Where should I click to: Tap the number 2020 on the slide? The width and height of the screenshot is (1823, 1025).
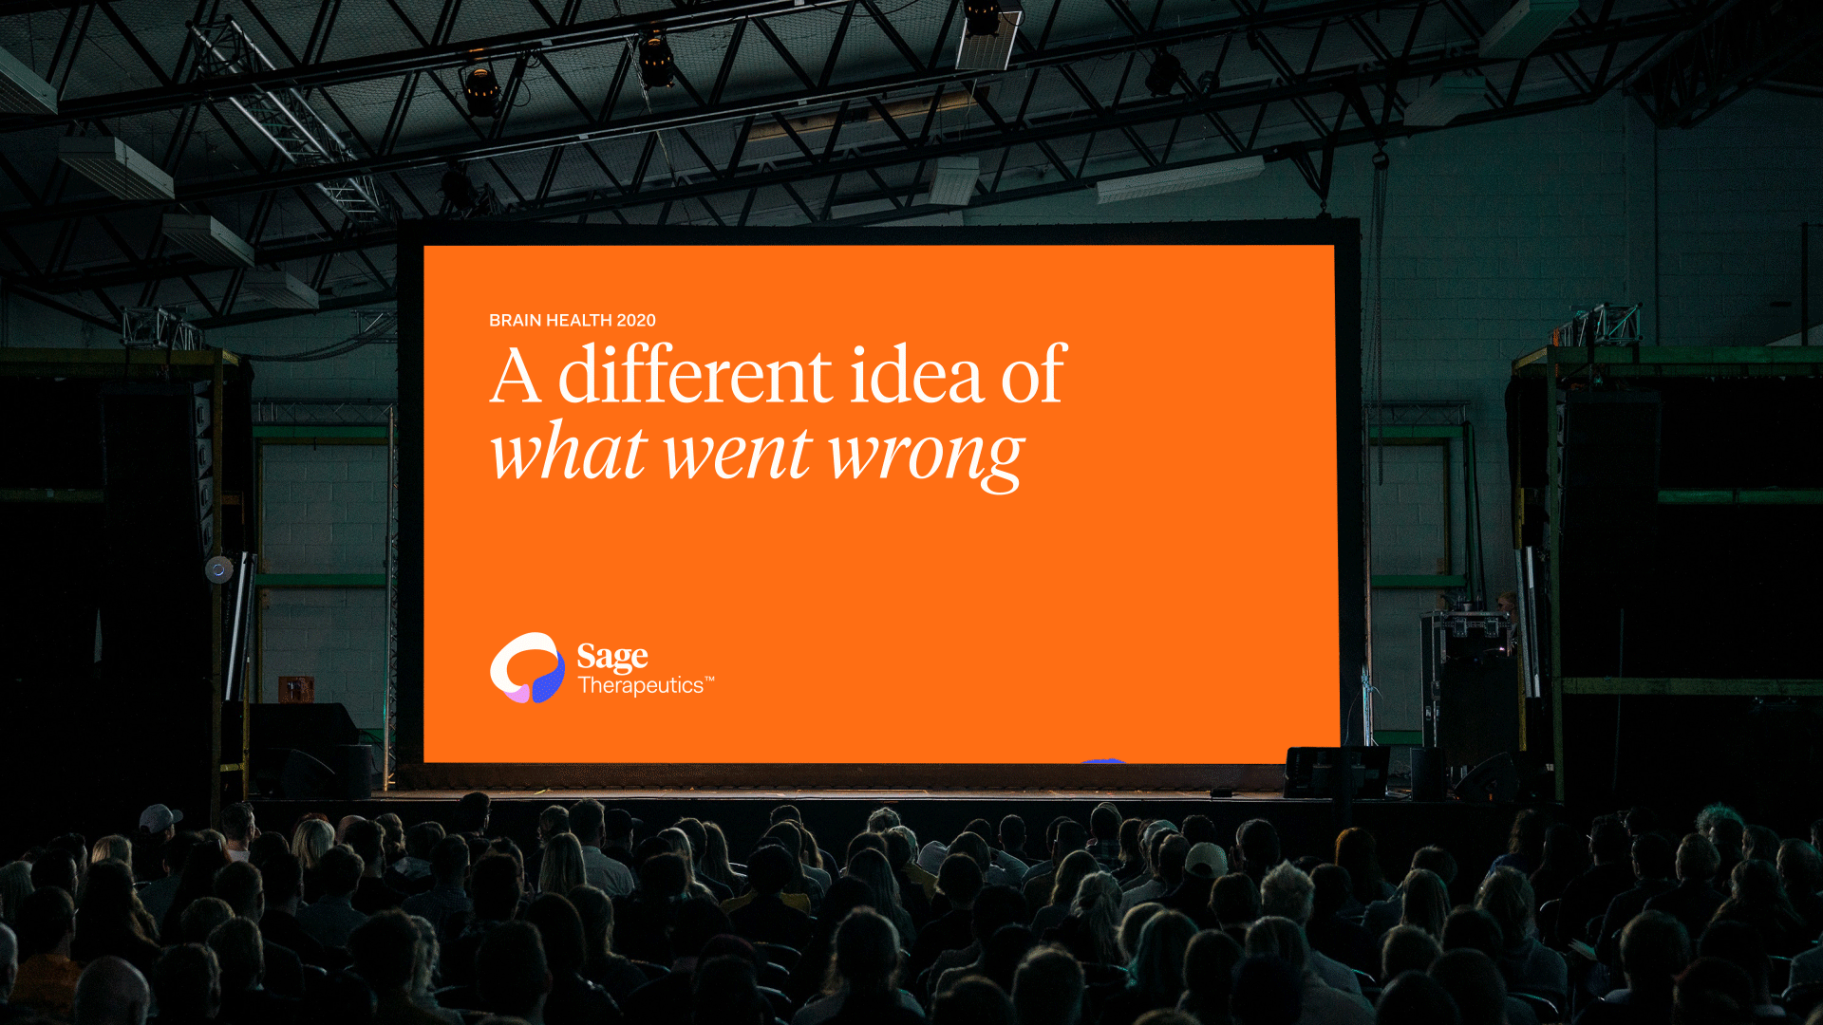point(636,321)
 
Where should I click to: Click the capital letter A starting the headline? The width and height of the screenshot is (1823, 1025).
point(516,376)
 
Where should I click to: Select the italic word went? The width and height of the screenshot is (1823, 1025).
point(738,456)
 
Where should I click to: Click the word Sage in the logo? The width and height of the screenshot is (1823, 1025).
point(612,657)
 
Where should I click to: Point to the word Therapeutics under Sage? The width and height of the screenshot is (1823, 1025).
point(641,685)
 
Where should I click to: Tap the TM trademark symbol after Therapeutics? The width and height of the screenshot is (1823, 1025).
point(709,679)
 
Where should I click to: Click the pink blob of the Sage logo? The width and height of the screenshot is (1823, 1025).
point(517,693)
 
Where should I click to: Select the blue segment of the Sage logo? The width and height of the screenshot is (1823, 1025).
point(548,681)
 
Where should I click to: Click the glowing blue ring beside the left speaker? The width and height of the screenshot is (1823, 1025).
point(218,569)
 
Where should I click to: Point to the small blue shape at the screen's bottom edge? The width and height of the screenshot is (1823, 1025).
point(1103,760)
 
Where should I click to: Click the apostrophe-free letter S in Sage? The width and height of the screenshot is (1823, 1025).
point(588,656)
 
